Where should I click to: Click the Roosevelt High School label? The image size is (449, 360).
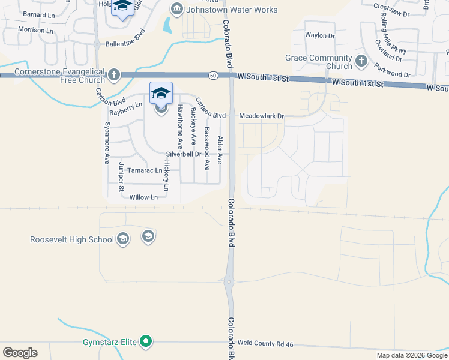pyautogui.click(x=72, y=240)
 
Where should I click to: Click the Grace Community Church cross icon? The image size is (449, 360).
pyautogui.click(x=361, y=61)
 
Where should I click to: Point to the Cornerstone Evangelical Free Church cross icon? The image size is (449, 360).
pyautogui.click(x=114, y=76)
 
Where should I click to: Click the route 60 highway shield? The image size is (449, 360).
pyautogui.click(x=214, y=76)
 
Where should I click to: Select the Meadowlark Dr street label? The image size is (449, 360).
pyautogui.click(x=261, y=116)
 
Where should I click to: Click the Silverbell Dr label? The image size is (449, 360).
pyautogui.click(x=184, y=154)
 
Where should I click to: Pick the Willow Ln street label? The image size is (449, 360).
pyautogui.click(x=143, y=197)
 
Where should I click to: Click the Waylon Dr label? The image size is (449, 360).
pyautogui.click(x=319, y=36)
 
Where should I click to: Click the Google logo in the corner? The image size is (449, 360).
pyautogui.click(x=20, y=353)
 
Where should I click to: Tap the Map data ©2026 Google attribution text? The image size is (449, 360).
pyautogui.click(x=412, y=355)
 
